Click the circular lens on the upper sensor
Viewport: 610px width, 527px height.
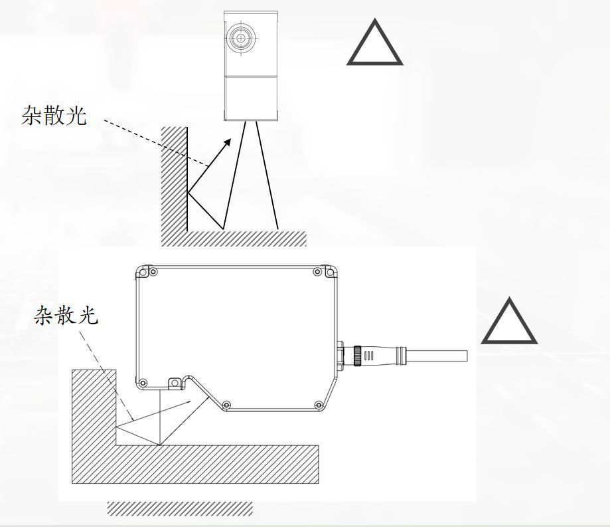click(x=239, y=38)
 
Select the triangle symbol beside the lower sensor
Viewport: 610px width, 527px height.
click(x=509, y=324)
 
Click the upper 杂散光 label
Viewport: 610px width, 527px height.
click(x=54, y=116)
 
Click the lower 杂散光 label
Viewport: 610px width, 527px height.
click(x=66, y=316)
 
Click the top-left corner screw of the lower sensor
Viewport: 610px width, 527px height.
click(x=153, y=272)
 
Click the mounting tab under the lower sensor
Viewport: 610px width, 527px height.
click(x=174, y=383)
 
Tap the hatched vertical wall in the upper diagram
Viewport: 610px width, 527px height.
click(x=174, y=179)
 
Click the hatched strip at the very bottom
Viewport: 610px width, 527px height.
click(x=180, y=508)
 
